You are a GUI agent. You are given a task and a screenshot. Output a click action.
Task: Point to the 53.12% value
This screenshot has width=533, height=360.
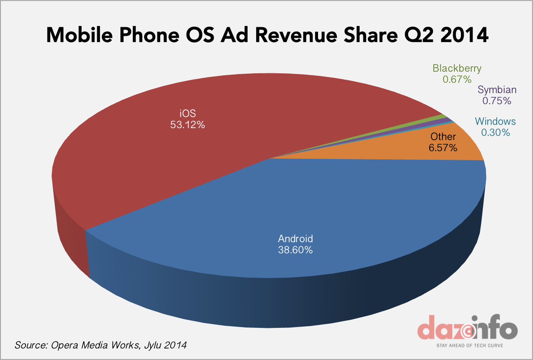pyautogui.click(x=187, y=124)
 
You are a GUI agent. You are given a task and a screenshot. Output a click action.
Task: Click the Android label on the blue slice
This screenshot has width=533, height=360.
pyautogui.click(x=295, y=238)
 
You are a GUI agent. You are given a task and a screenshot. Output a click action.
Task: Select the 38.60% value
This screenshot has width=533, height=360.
pyautogui.click(x=295, y=250)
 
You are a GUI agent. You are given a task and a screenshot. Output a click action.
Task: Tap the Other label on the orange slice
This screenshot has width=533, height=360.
pyautogui.click(x=443, y=137)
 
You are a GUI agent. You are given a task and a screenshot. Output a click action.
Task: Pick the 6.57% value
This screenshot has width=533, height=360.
pyautogui.click(x=443, y=147)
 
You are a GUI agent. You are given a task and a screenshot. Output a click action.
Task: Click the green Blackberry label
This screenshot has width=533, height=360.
pyautogui.click(x=457, y=68)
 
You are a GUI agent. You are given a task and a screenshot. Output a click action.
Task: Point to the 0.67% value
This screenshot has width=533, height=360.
pyautogui.click(x=457, y=79)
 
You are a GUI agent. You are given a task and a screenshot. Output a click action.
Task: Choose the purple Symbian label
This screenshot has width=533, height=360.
pyautogui.click(x=497, y=90)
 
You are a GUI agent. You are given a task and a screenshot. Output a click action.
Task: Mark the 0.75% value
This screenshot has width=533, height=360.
pyautogui.click(x=497, y=101)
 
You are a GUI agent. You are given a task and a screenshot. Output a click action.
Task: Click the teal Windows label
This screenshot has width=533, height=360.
pyautogui.click(x=495, y=122)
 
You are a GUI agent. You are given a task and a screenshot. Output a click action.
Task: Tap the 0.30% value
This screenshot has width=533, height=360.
pyautogui.click(x=495, y=132)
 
